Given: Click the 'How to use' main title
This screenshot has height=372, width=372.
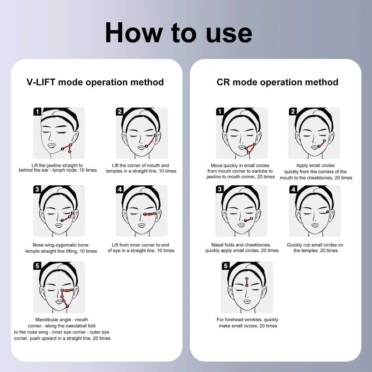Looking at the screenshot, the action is coord(179,33).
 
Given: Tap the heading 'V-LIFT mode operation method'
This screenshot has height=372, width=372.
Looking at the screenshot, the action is coord(95,82).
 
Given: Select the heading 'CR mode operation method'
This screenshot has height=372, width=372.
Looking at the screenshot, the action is coord(278,82).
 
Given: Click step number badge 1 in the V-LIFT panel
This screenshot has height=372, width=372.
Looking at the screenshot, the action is coord(37,112).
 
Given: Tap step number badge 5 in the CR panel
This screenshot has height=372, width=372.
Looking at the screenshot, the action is coord(226,266).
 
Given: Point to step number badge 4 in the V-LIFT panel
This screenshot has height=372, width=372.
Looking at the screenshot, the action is coord(120,189).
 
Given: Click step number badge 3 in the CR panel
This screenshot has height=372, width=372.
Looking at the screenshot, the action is coord(220,189).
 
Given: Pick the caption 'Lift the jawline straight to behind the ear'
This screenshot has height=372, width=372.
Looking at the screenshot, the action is coord(58,168).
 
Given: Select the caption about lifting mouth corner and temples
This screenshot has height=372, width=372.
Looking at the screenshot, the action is coord(141,168).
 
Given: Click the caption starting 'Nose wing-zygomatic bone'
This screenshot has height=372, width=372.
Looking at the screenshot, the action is coord(61,248).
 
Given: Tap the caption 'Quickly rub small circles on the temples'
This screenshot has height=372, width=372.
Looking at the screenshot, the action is coord(315,248).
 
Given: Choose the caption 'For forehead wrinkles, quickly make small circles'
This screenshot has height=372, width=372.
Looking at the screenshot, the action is coord(247,323).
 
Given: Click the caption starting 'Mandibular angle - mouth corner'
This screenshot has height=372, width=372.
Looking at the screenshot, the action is coord(62,329).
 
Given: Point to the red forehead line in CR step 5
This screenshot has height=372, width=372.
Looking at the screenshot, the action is coord(247,282).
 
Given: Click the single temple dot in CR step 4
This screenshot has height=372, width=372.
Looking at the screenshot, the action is coord(328,212).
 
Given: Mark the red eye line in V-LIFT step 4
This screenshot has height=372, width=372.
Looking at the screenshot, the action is coord(150,214).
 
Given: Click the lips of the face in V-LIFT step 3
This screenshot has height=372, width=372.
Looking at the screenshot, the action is coord(59,225).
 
